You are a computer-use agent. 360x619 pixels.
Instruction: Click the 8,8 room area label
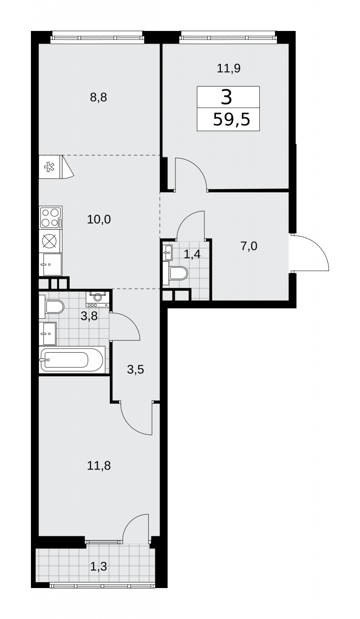tap(98, 97)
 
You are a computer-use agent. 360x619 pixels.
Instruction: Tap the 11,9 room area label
tap(229, 68)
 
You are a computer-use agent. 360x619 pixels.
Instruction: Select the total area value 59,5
tap(232, 120)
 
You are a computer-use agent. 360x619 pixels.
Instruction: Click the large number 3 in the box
tap(227, 97)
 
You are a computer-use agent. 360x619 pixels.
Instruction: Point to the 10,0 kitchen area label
tap(99, 219)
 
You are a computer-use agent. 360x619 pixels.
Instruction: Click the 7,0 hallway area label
tap(249, 246)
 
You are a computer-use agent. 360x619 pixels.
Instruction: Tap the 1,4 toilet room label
tap(192, 254)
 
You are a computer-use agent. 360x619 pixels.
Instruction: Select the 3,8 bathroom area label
tap(89, 316)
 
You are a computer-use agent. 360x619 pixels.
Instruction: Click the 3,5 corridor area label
tap(136, 369)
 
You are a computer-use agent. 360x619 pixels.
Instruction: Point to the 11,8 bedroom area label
tap(99, 466)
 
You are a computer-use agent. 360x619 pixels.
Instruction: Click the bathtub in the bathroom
tap(72, 360)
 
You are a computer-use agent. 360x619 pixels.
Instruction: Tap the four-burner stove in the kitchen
tap(51, 217)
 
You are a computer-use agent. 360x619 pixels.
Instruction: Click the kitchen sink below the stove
tap(50, 265)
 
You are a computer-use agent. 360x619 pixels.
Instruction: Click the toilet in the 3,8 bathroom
tap(52, 306)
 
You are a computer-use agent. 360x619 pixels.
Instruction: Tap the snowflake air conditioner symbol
tap(50, 167)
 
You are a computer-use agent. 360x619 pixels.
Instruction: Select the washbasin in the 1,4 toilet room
tap(167, 252)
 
